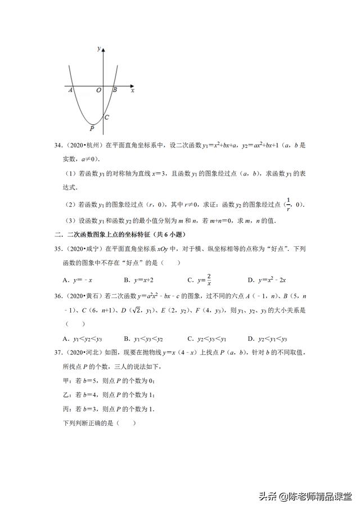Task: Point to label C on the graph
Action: [x=106, y=117]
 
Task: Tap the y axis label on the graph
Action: [x=99, y=49]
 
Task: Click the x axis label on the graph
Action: [x=133, y=90]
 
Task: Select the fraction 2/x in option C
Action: [x=208, y=279]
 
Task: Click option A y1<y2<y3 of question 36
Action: [x=83, y=339]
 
